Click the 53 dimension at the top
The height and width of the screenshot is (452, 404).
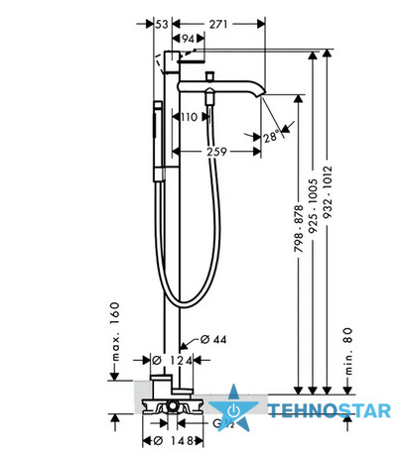pos(162,24)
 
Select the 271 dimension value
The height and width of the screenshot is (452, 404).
pos(218,24)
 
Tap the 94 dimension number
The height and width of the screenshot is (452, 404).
pos(188,39)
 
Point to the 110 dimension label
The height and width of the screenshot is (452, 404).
pos(189,117)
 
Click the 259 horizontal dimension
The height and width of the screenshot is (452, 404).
pos(216,152)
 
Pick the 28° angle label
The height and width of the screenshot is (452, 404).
pos(272,137)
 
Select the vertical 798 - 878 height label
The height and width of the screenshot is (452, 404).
pos(299,229)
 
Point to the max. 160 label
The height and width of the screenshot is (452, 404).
pos(115,331)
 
